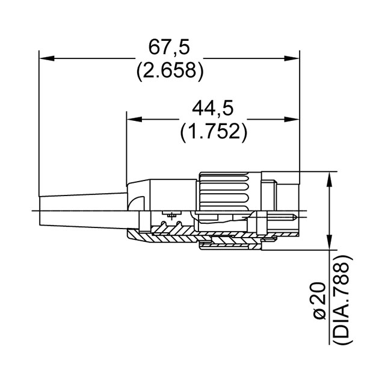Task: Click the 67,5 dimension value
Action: (x=168, y=48)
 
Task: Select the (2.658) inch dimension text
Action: (x=168, y=71)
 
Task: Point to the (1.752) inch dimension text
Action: (x=213, y=131)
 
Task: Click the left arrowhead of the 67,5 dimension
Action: (x=46, y=58)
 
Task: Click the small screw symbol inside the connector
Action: (x=173, y=215)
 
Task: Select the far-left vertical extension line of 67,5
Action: (x=38, y=120)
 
